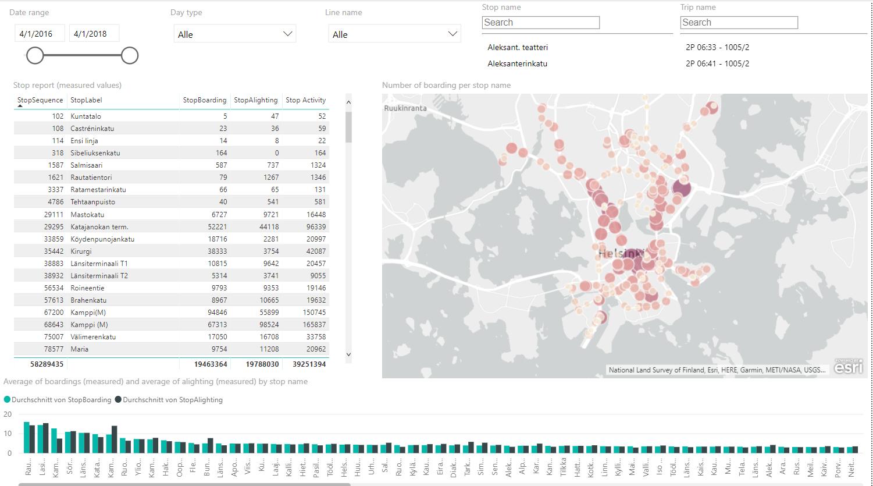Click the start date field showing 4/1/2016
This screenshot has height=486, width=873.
pos(39,34)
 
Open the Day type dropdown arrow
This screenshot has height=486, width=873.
pos(287,34)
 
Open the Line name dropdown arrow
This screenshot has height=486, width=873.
pos(452,34)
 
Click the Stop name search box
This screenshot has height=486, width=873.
pos(540,23)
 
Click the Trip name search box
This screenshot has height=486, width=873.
pos(739,23)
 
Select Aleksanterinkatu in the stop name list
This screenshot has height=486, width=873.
pos(517,63)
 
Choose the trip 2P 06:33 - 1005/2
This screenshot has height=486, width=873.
pos(717,47)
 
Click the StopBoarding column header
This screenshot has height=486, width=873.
pos(204,100)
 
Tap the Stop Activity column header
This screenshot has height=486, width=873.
pos(305,100)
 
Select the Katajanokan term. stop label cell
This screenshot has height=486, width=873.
pos(99,227)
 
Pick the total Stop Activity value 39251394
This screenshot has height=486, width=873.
pos(306,364)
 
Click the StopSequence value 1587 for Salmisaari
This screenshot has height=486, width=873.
pos(56,165)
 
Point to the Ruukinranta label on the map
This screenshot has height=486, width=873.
pos(405,108)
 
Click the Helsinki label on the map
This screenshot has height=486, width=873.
pos(621,254)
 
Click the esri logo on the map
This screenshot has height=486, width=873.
pos(849,366)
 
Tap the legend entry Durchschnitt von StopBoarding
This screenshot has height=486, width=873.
pos(61,400)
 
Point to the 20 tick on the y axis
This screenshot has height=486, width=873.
pos(8,414)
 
